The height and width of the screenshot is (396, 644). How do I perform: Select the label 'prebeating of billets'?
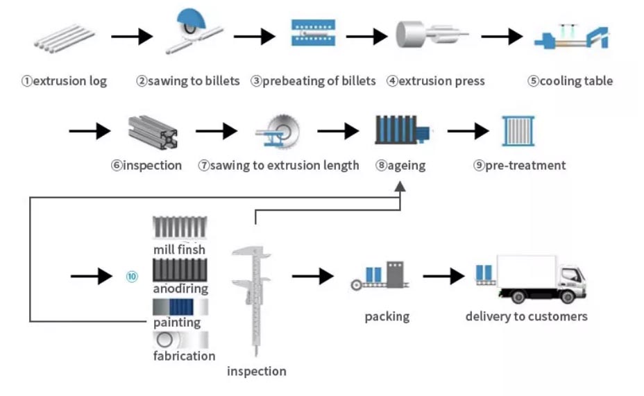click(x=313, y=81)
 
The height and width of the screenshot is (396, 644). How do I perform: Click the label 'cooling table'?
click(x=570, y=81)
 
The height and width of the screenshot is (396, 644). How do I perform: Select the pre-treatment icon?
click(x=518, y=130)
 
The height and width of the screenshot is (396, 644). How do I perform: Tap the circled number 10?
click(x=132, y=276)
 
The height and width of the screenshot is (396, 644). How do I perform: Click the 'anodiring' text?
click(x=180, y=289)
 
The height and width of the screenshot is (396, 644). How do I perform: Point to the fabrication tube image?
click(x=180, y=340)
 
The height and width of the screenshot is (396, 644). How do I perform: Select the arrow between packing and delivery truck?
click(x=443, y=276)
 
